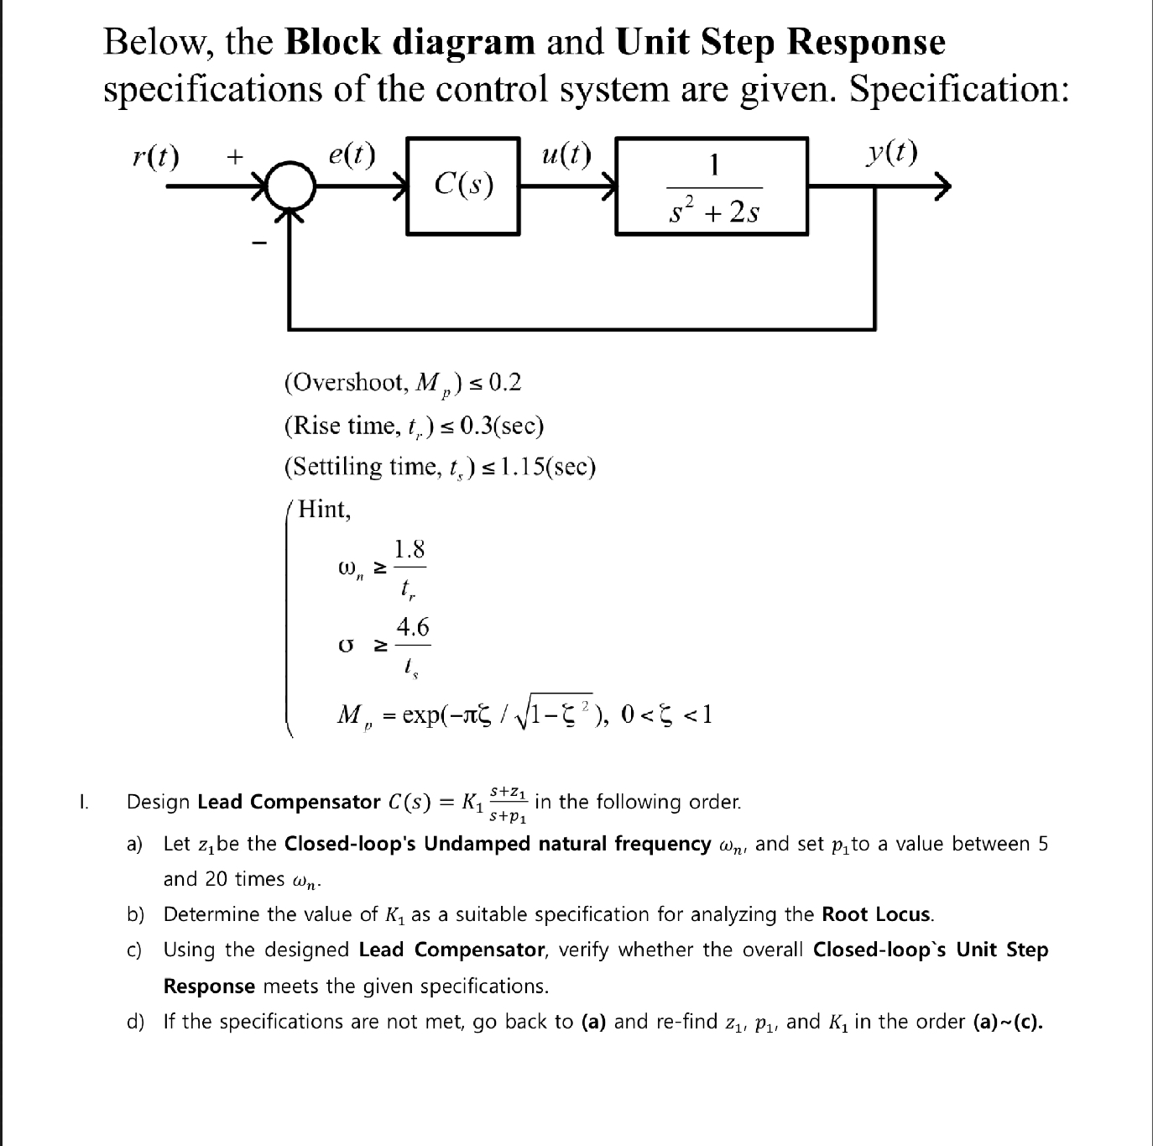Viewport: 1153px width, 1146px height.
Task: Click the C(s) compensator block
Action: click(462, 186)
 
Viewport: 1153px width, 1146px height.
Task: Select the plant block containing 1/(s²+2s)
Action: click(712, 186)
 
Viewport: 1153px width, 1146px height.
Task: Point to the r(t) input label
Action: click(156, 155)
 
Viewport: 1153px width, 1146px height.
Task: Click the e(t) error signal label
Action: click(352, 155)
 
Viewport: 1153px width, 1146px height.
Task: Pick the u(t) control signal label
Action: click(566, 155)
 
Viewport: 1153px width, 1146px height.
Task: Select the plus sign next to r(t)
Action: click(235, 156)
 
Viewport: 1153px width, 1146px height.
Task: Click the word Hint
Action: click(325, 509)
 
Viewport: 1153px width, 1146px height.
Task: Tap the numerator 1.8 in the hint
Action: click(410, 550)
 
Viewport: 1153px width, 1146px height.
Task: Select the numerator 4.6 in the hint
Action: click(413, 627)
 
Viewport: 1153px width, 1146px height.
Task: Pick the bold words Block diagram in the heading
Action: click(410, 42)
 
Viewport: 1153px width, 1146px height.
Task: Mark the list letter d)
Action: click(134, 1022)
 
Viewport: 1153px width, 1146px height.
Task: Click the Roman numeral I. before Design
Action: click(83, 803)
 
